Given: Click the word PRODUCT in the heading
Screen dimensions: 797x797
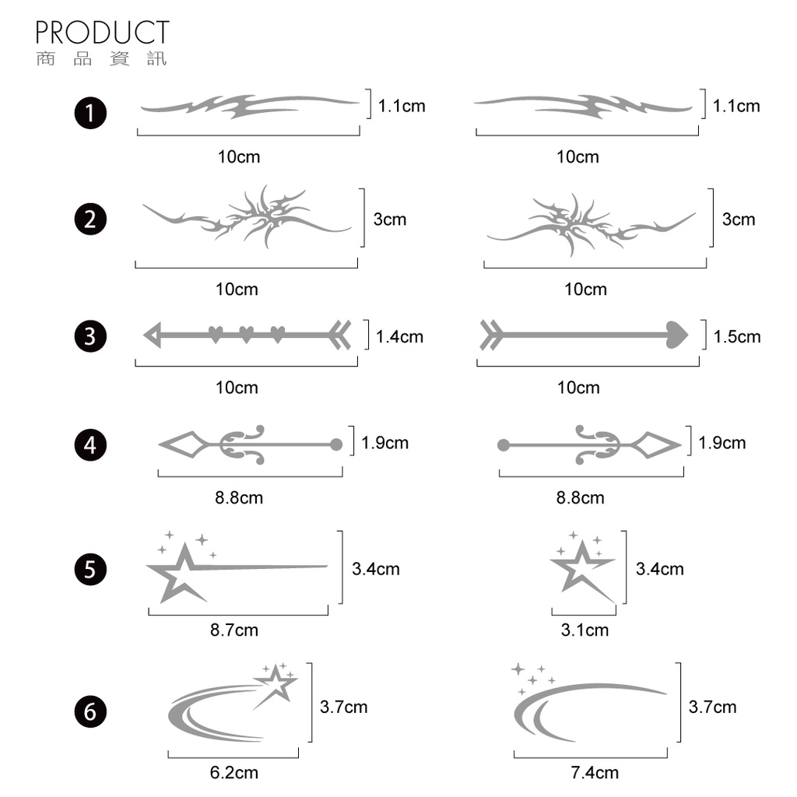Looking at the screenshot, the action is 102,33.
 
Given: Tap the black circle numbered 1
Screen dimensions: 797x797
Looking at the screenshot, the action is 90,113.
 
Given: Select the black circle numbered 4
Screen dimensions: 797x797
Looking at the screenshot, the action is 90,445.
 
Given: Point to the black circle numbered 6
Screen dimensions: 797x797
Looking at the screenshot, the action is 90,711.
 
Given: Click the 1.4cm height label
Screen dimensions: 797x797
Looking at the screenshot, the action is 399,336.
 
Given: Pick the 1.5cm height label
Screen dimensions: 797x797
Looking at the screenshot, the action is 737,336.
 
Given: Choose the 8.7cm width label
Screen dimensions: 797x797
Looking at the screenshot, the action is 234,630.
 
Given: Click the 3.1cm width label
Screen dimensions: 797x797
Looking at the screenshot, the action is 585,630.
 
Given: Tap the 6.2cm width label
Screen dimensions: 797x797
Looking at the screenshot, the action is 234,773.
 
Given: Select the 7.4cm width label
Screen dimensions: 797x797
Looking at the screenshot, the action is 595,773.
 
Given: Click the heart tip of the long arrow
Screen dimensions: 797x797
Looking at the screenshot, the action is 676,335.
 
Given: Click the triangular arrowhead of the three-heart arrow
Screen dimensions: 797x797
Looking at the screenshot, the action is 153,335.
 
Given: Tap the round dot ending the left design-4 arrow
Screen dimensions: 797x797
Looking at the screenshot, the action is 336,444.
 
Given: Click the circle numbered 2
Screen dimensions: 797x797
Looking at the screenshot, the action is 90,219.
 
